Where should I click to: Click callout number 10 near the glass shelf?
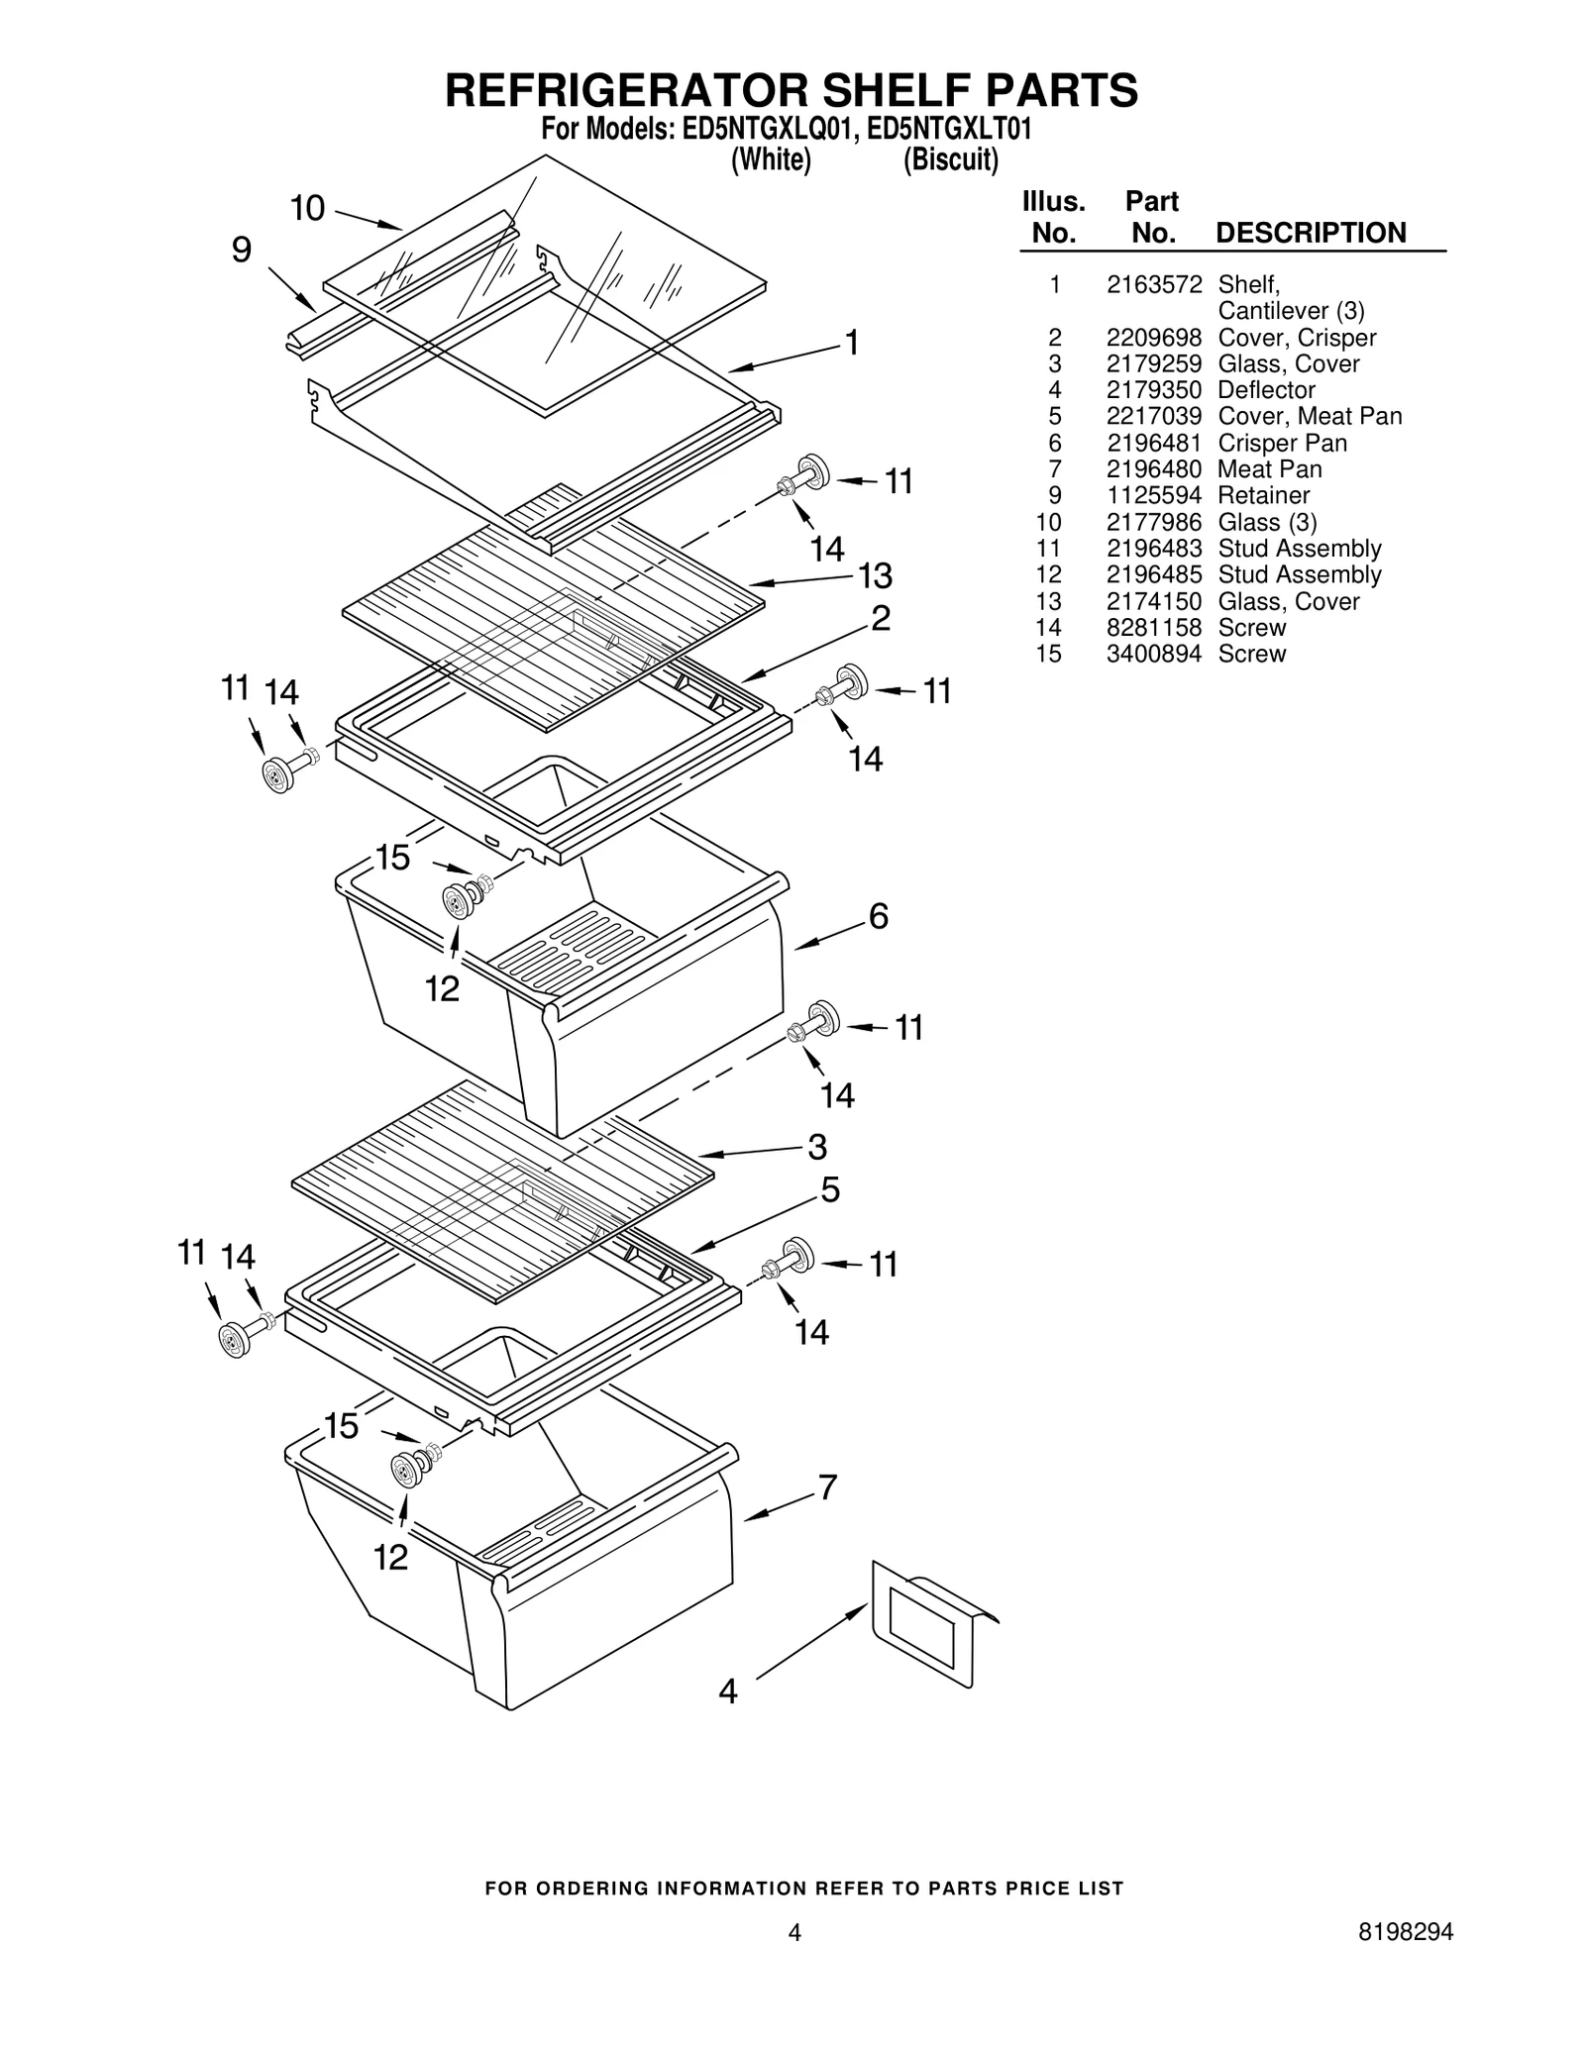307,209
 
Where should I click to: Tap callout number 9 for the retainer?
242,250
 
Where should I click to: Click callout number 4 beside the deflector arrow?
728,1692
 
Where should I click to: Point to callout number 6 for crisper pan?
879,917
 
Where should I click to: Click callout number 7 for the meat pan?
827,1487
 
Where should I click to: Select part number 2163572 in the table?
1153,285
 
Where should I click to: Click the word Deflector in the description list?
1266,390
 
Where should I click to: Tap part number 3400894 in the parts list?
1153,654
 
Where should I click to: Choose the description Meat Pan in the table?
1269,469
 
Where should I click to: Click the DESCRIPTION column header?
1310,233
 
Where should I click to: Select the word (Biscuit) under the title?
950,159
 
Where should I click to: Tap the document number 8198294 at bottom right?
1406,1931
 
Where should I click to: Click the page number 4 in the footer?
793,1931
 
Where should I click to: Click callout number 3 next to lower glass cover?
816,1147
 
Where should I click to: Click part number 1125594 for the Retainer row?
1153,495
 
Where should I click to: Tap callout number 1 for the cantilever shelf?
851,343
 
